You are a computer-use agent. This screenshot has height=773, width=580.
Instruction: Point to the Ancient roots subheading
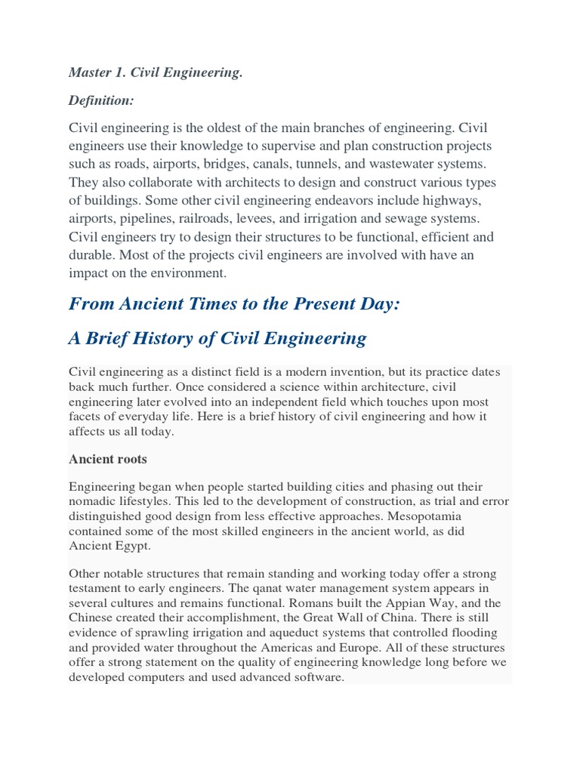point(108,459)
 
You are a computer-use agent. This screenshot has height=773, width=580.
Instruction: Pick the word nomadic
point(94,500)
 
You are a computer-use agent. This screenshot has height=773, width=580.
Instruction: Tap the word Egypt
point(132,545)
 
